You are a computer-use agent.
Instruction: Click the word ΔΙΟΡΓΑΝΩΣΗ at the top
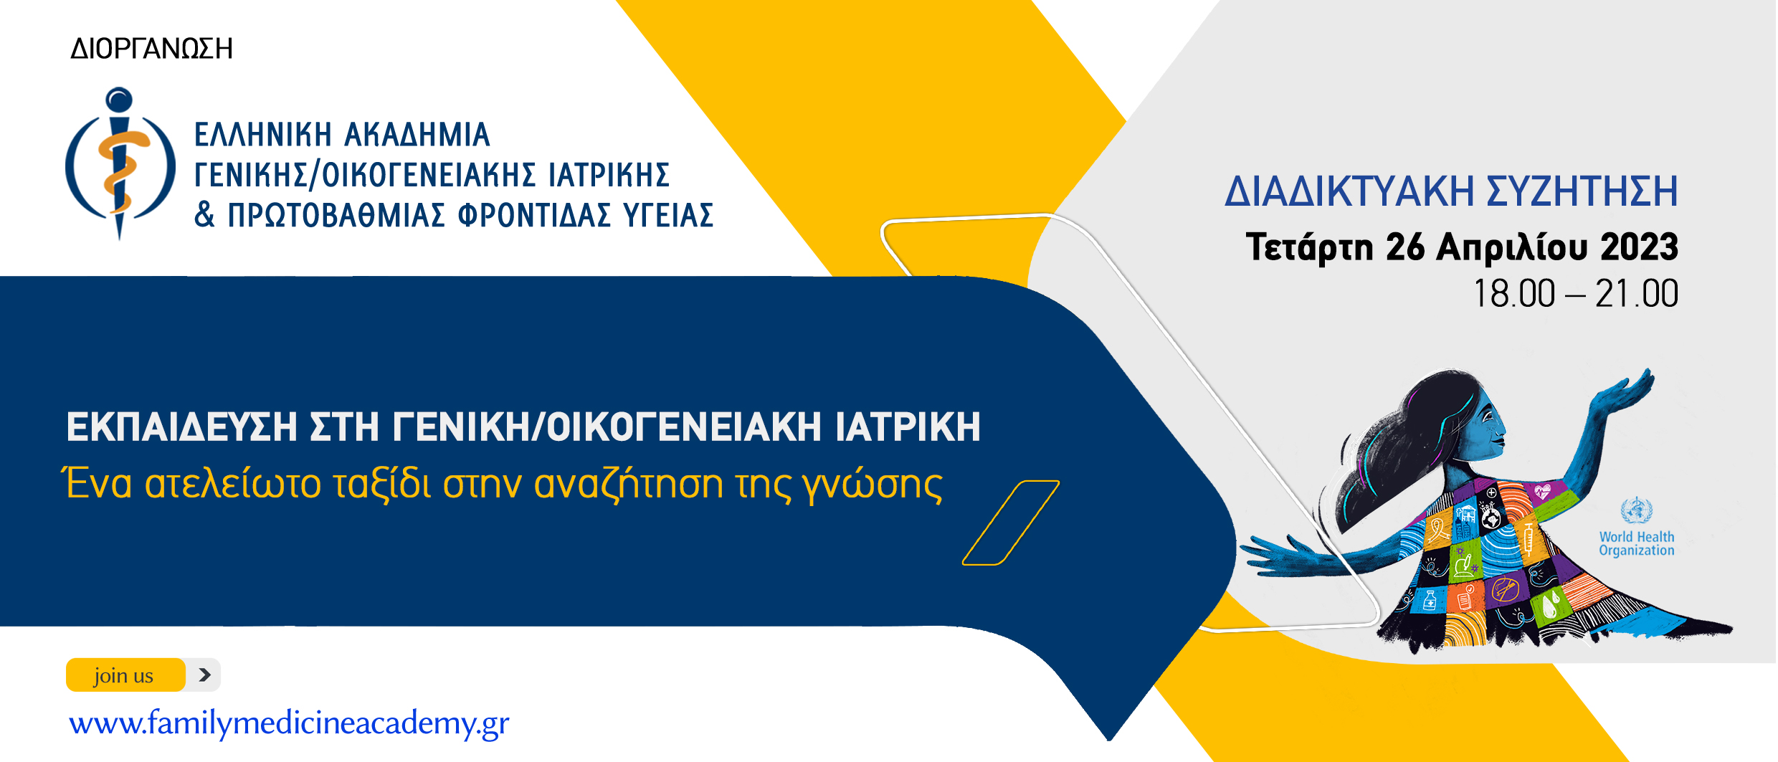coord(151,49)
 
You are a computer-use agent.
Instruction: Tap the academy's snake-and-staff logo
coord(120,163)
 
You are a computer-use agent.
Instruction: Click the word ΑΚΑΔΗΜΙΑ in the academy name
coord(417,135)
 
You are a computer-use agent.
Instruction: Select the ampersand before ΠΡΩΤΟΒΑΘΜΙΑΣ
coord(204,214)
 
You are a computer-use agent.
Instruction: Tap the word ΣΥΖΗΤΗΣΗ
coord(1582,191)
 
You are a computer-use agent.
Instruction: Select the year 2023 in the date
coord(1639,247)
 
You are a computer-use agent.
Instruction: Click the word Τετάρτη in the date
coord(1309,248)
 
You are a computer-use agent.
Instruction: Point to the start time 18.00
coord(1514,294)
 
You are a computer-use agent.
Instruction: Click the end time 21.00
coord(1637,294)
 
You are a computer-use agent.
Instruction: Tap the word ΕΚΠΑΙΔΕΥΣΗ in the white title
coord(181,427)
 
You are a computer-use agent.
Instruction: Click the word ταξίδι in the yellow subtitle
coord(382,485)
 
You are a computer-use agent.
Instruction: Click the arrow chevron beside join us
coord(204,675)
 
